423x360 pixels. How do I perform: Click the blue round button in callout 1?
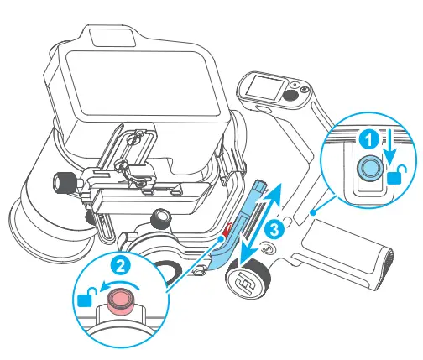[x=368, y=169]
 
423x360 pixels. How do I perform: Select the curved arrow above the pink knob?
[x=112, y=286]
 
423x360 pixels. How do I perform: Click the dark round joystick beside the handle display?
[x=290, y=97]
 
